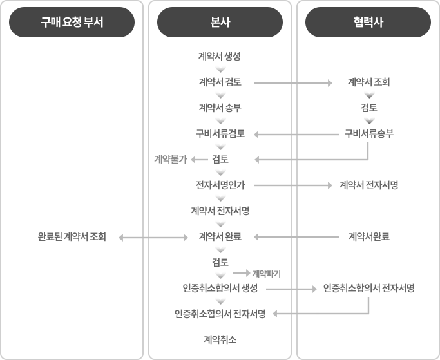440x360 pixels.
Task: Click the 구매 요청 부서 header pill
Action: (x=72, y=22)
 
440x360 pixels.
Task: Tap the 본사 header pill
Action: (x=220, y=22)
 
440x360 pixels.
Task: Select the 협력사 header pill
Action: (x=368, y=22)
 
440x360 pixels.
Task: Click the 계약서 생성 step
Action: (x=220, y=57)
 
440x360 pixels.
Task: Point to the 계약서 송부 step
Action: (x=220, y=108)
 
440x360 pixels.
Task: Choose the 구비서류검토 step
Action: (x=220, y=133)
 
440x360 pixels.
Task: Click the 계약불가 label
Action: (x=170, y=159)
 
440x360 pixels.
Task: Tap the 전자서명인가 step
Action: (x=220, y=185)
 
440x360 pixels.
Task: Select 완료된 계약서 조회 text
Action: (x=72, y=237)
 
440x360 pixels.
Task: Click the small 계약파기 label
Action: (x=266, y=274)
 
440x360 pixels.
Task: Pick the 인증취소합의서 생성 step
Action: (x=220, y=288)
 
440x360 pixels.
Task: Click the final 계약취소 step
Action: (x=220, y=340)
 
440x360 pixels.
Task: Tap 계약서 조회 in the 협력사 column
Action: (x=368, y=82)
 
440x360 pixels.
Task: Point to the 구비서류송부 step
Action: (x=368, y=133)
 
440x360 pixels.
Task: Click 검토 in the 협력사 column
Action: (x=368, y=108)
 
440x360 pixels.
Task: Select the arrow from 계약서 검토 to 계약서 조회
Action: (x=293, y=83)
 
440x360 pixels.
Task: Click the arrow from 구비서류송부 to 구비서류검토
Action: (x=296, y=135)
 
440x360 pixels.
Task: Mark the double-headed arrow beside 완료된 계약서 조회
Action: (x=153, y=238)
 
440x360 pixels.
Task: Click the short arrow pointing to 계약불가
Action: (x=199, y=160)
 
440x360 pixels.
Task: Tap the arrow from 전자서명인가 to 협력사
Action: (x=293, y=185)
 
